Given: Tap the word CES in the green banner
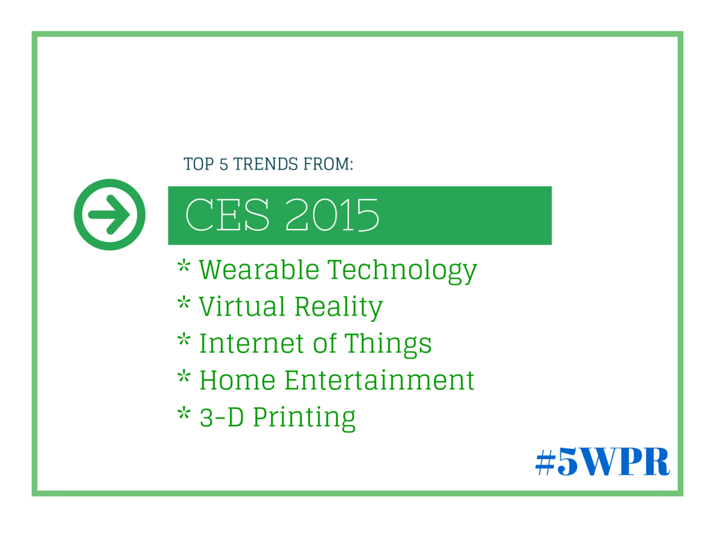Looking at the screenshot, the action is pos(227,215).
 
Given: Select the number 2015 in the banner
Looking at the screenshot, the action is pos(332,215).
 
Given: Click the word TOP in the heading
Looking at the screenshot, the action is pos(198,164).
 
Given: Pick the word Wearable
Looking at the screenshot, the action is pos(259,270).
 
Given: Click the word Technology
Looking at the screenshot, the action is pos(402,272).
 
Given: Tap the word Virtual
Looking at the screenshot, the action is pos(242,307).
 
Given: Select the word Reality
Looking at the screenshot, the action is pos(339,308).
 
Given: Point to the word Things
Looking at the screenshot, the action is pos(388,345).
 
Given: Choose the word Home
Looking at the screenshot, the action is pos(238,380).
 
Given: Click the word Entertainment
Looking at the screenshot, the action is pos(379,380).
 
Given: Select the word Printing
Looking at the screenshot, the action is pos(304,419).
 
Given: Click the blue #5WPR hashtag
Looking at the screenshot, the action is pos(603,462).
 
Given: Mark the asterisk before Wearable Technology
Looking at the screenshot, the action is pos(184,266).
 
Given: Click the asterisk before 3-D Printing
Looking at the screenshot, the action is pos(184,413).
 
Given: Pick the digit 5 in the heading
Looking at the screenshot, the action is pos(223,164).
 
